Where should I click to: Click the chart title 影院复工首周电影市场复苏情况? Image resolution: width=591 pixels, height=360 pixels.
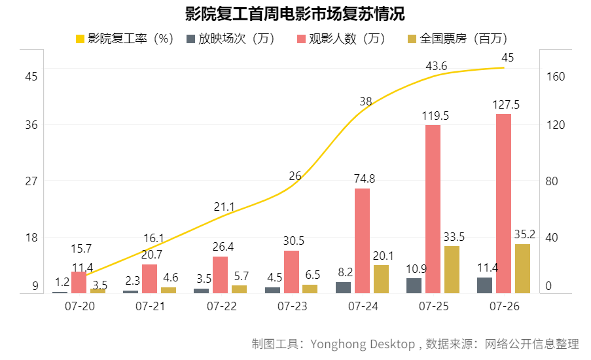[x=295, y=14]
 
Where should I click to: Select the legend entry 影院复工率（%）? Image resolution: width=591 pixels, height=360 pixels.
[x=124, y=39]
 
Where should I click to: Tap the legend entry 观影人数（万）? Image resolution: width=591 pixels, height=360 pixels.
[x=341, y=39]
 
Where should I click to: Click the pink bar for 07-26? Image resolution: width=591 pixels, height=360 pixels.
[x=503, y=203]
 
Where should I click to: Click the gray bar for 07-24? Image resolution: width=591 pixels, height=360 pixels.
[x=343, y=287]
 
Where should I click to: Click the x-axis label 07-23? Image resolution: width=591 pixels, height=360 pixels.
[x=292, y=306]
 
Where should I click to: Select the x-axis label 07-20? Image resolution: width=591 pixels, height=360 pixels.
[x=79, y=306]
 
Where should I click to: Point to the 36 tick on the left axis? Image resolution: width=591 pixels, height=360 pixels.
[x=31, y=125]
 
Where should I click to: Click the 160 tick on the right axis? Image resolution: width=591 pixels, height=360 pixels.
[x=555, y=77]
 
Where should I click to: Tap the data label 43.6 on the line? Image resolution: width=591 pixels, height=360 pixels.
[x=436, y=65]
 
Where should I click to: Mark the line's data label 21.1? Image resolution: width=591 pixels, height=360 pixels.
[x=224, y=207]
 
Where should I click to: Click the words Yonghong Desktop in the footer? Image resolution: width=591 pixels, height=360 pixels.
[x=363, y=344]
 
